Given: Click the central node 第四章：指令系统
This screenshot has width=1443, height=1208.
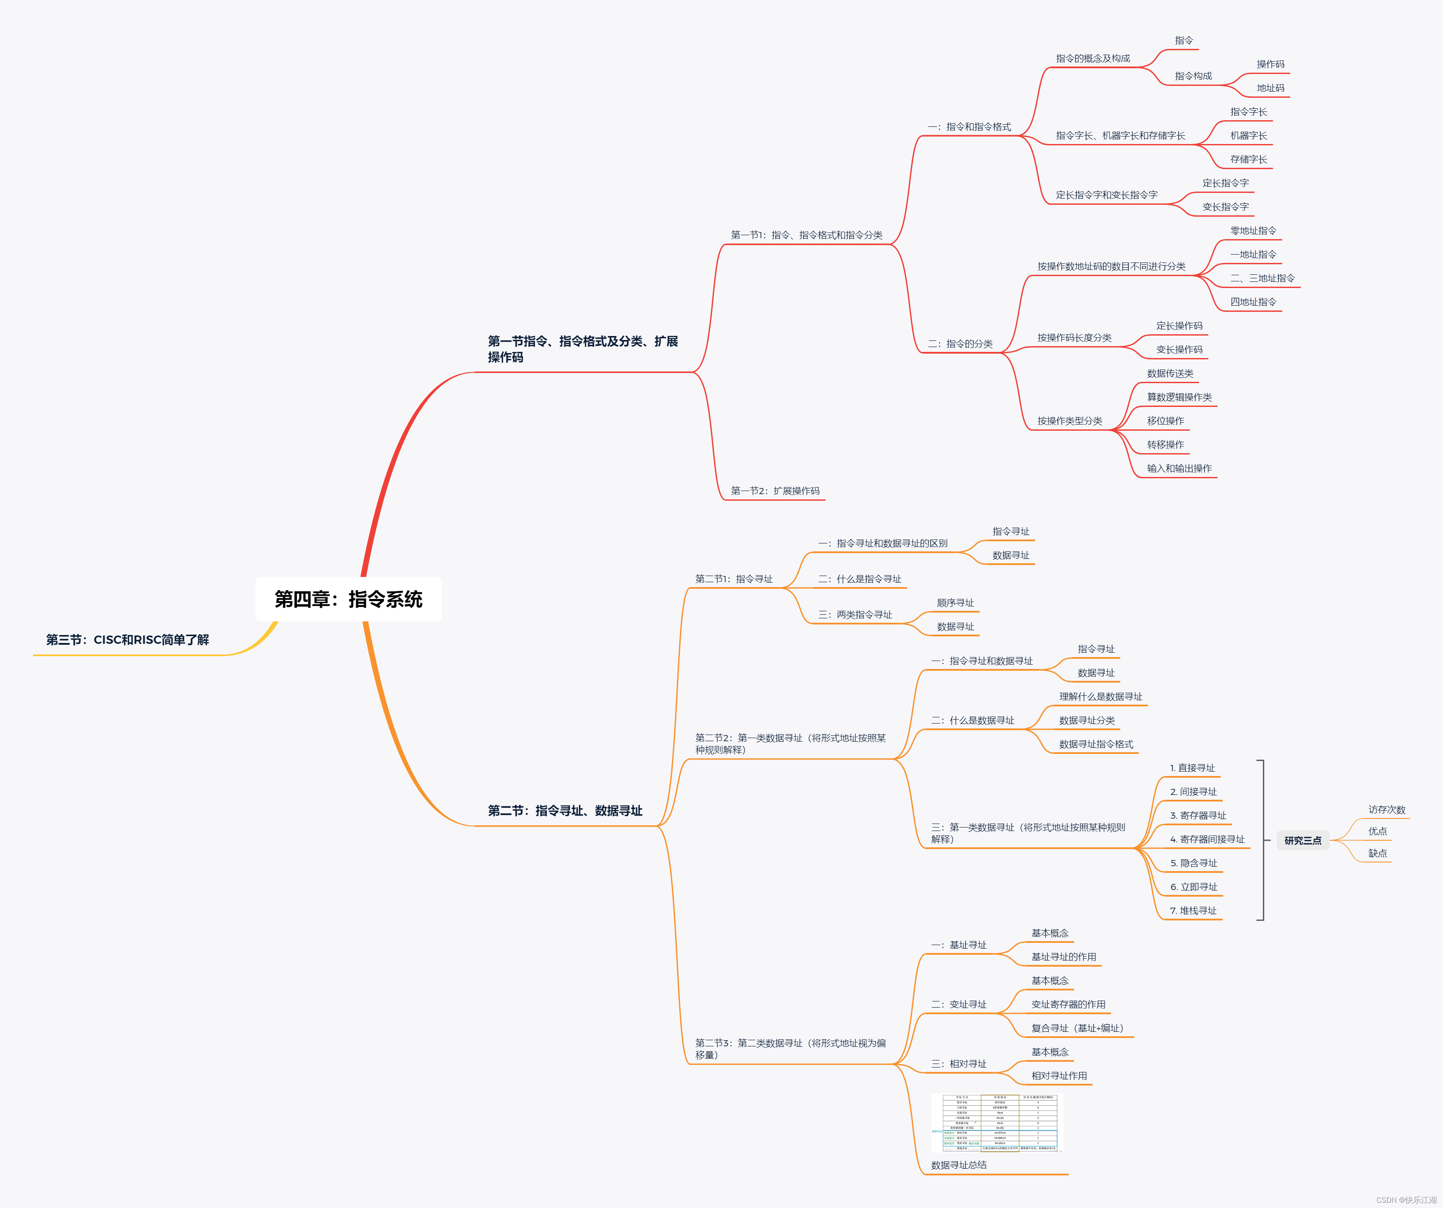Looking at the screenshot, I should (348, 599).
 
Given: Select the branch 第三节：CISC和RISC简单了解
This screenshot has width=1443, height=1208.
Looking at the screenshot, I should (127, 640).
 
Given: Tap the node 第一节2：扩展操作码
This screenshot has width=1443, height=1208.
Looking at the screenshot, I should (775, 491).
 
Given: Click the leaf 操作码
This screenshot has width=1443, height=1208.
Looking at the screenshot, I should (1270, 64).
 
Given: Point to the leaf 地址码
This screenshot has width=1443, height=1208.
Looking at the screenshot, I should (1270, 88).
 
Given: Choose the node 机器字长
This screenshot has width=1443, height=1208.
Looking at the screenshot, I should (1248, 135).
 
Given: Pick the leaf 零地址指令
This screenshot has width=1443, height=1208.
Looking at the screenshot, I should (1253, 231).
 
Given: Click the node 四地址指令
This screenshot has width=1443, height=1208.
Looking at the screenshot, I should (1253, 302).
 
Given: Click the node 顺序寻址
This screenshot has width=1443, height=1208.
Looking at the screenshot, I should (955, 602).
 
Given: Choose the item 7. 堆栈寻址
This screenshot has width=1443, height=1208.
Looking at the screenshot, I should (1193, 910).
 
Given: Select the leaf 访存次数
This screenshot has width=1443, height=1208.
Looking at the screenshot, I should (1386, 809).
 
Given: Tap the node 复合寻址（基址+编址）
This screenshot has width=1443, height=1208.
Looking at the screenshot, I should (1077, 1028).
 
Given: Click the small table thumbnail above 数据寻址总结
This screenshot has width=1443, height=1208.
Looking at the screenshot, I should (996, 1122).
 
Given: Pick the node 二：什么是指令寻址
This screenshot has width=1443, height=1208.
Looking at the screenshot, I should (860, 579).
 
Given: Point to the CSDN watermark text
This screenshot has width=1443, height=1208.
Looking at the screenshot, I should (1405, 1200).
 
